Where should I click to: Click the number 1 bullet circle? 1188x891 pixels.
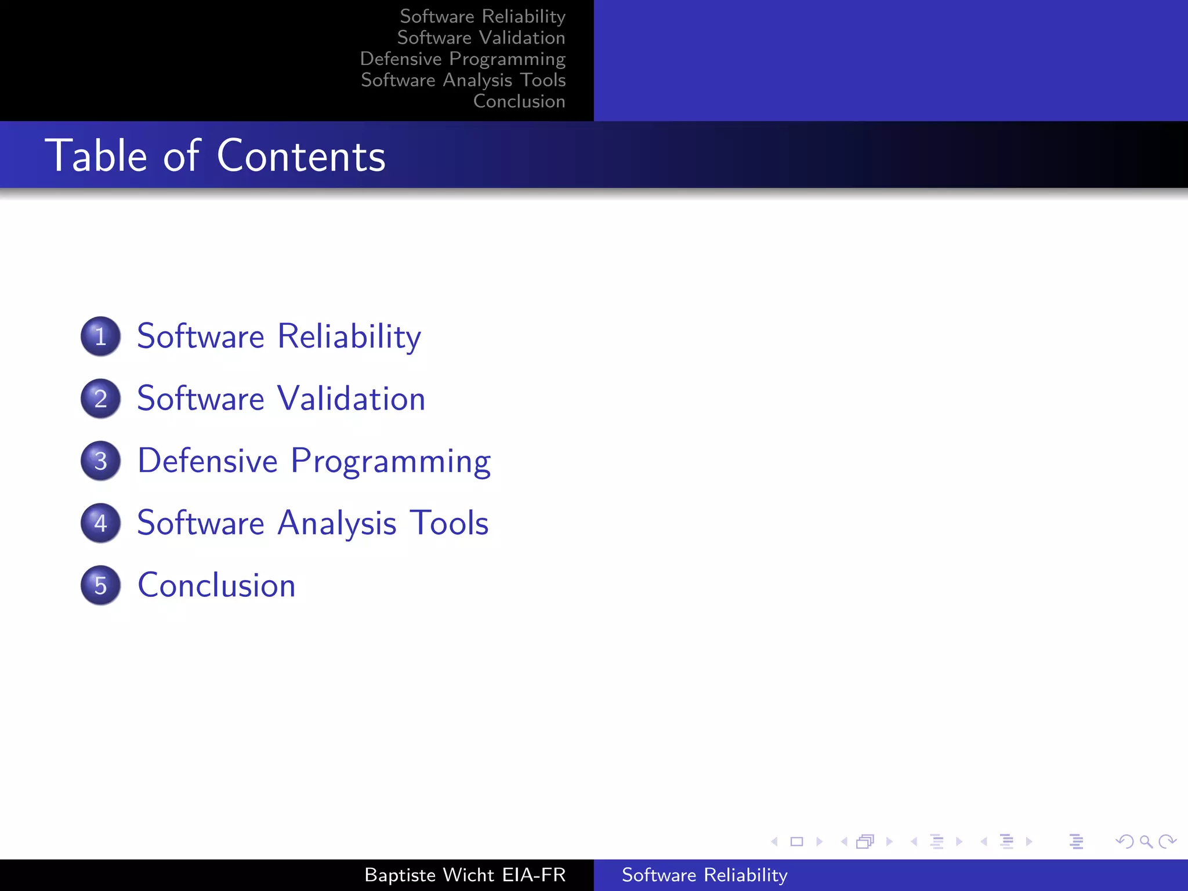(100, 336)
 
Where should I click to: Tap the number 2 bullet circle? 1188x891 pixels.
(100, 399)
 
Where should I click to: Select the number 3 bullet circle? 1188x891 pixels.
(100, 461)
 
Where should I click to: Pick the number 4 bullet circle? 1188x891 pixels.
(100, 523)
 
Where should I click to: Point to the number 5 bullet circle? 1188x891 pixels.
(100, 585)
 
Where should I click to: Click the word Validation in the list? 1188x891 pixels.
(351, 399)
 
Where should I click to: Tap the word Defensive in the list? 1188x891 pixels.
(208, 461)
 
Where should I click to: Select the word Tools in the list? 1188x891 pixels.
(449, 523)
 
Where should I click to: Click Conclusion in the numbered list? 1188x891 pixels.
(216, 585)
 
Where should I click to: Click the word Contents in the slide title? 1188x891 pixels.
(301, 156)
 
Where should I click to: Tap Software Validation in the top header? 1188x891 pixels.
(481, 38)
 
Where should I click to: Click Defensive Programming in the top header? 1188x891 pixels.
(462, 59)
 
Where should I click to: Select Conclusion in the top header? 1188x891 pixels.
(519, 101)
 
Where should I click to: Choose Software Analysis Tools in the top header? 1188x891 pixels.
(463, 80)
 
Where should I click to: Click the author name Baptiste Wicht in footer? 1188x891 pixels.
(429, 875)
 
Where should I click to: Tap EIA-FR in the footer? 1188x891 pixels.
(534, 875)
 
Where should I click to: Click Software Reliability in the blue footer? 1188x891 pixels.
(704, 875)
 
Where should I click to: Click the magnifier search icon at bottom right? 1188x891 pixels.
(1146, 841)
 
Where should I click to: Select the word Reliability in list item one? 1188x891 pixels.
(349, 336)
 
